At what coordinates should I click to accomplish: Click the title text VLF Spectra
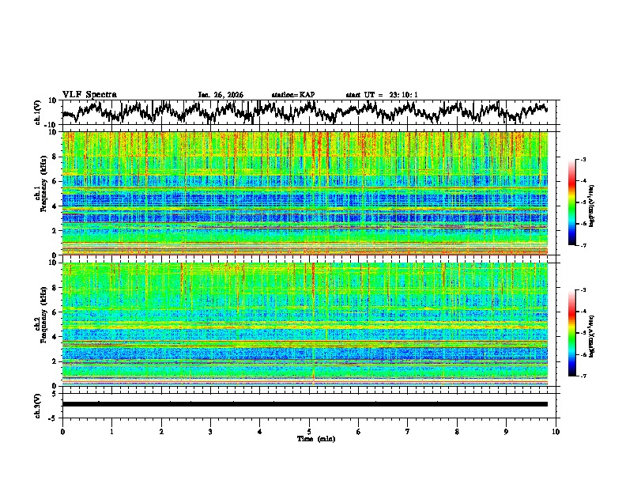pos(89,95)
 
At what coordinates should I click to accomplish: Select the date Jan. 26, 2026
pos(221,95)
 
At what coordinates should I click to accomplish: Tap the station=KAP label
pos(292,95)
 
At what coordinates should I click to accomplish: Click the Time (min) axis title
pos(315,438)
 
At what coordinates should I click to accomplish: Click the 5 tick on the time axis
pos(309,431)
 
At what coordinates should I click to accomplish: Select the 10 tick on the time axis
pos(556,431)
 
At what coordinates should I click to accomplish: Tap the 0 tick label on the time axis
pos(62,431)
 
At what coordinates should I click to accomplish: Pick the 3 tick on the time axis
pos(210,431)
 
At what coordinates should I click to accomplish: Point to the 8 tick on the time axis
pos(457,431)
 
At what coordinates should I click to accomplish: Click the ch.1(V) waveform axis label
pos(37,112)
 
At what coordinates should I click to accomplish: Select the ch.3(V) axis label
pos(37,404)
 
